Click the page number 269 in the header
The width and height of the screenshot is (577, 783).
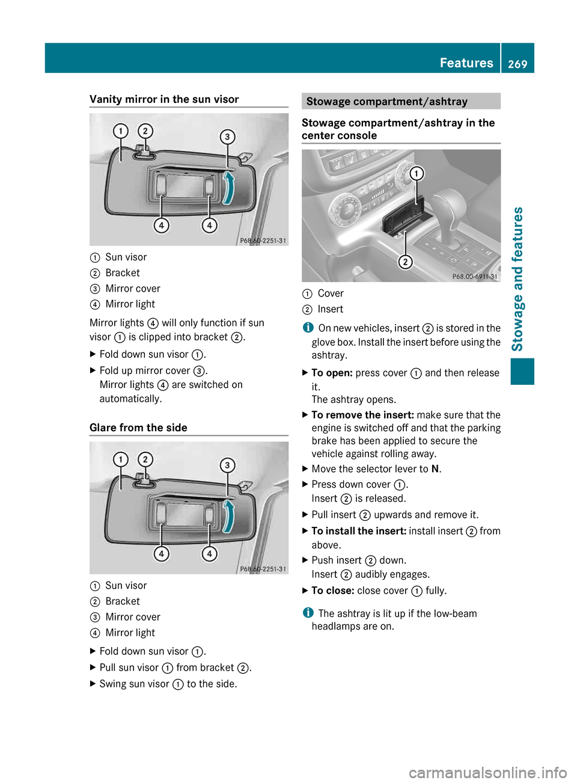(x=517, y=64)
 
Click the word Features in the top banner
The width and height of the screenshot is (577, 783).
(x=466, y=63)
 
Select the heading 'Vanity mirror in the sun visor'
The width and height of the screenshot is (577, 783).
(x=164, y=99)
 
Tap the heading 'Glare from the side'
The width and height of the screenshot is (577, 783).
(x=138, y=428)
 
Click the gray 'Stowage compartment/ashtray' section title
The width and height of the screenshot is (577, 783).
(x=386, y=102)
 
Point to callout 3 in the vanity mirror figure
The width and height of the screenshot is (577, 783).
(x=227, y=137)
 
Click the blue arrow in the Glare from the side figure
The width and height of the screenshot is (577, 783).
(x=228, y=517)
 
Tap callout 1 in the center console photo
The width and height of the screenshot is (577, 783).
(x=416, y=174)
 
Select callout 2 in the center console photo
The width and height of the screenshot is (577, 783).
(x=406, y=262)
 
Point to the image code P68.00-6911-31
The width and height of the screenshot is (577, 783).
(x=474, y=277)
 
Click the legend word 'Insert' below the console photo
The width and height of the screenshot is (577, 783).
(x=330, y=309)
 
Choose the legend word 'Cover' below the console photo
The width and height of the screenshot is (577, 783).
(x=331, y=293)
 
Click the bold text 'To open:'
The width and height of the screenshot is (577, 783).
(x=332, y=373)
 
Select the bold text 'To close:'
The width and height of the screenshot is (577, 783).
(x=332, y=591)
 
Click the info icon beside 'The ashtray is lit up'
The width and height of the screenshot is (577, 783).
(x=308, y=613)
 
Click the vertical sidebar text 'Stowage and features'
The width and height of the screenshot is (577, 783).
(x=517, y=278)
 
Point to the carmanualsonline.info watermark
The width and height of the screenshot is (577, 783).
(x=487, y=772)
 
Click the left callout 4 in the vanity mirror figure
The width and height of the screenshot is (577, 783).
(x=161, y=226)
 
